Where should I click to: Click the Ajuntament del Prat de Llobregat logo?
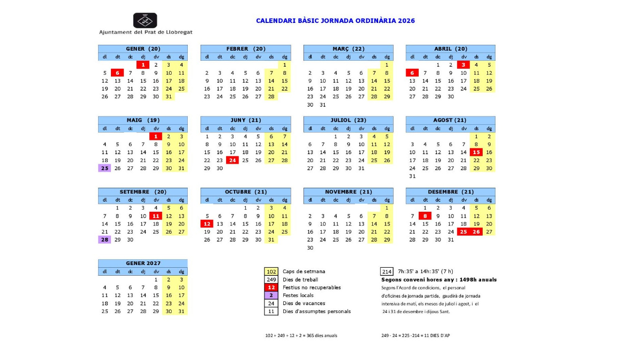coord(145,20)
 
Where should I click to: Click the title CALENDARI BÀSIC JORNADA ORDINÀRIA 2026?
coord(335,21)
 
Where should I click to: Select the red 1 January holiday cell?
coord(143,65)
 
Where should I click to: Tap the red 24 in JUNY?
coord(233,160)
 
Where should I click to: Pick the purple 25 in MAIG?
coord(105,168)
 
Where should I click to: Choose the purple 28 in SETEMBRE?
coord(105,239)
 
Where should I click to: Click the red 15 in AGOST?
coord(476,152)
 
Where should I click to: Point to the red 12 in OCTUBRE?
coord(207,223)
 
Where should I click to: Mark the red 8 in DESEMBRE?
coord(425,216)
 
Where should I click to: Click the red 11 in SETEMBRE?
coord(156,216)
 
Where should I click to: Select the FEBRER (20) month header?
coord(245,49)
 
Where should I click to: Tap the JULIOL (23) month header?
coord(348,120)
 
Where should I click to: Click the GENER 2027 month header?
coord(143,263)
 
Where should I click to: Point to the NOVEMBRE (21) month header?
coord(348,191)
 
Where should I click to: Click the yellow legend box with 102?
coord(271,271)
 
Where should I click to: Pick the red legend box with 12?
coord(271,287)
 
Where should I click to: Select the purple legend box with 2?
coord(271,295)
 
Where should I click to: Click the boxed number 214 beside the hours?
coord(387,271)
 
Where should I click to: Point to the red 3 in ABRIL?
coord(463,65)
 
